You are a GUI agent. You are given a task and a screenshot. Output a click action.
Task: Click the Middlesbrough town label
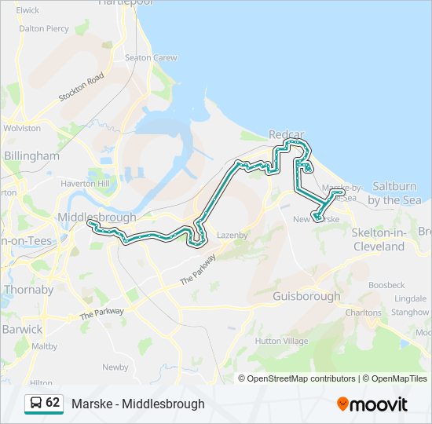tap(97, 217)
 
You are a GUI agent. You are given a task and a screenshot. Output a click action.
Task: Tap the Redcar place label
tap(286, 134)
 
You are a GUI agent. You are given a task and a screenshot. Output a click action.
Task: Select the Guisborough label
tap(306, 296)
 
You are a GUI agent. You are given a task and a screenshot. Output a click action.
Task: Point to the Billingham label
tap(31, 155)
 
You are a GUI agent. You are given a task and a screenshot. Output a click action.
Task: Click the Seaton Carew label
tap(151, 57)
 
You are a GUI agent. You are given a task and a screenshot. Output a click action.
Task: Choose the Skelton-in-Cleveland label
tap(378, 239)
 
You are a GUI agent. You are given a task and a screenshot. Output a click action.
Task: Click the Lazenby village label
tap(232, 235)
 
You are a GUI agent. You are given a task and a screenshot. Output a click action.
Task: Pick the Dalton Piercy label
tap(44, 28)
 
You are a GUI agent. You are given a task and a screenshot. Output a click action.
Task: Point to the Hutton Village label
tap(281, 342)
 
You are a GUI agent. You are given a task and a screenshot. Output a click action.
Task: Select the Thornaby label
tap(28, 289)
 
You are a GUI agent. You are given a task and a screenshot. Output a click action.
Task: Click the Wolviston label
tap(22, 128)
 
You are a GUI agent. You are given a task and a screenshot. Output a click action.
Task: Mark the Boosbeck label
tap(386, 284)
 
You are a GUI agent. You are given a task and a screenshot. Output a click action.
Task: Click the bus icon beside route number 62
tap(36, 403)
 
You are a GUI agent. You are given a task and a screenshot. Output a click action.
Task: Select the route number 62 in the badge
tap(53, 403)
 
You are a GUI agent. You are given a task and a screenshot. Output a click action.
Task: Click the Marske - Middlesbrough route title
tap(137, 404)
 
